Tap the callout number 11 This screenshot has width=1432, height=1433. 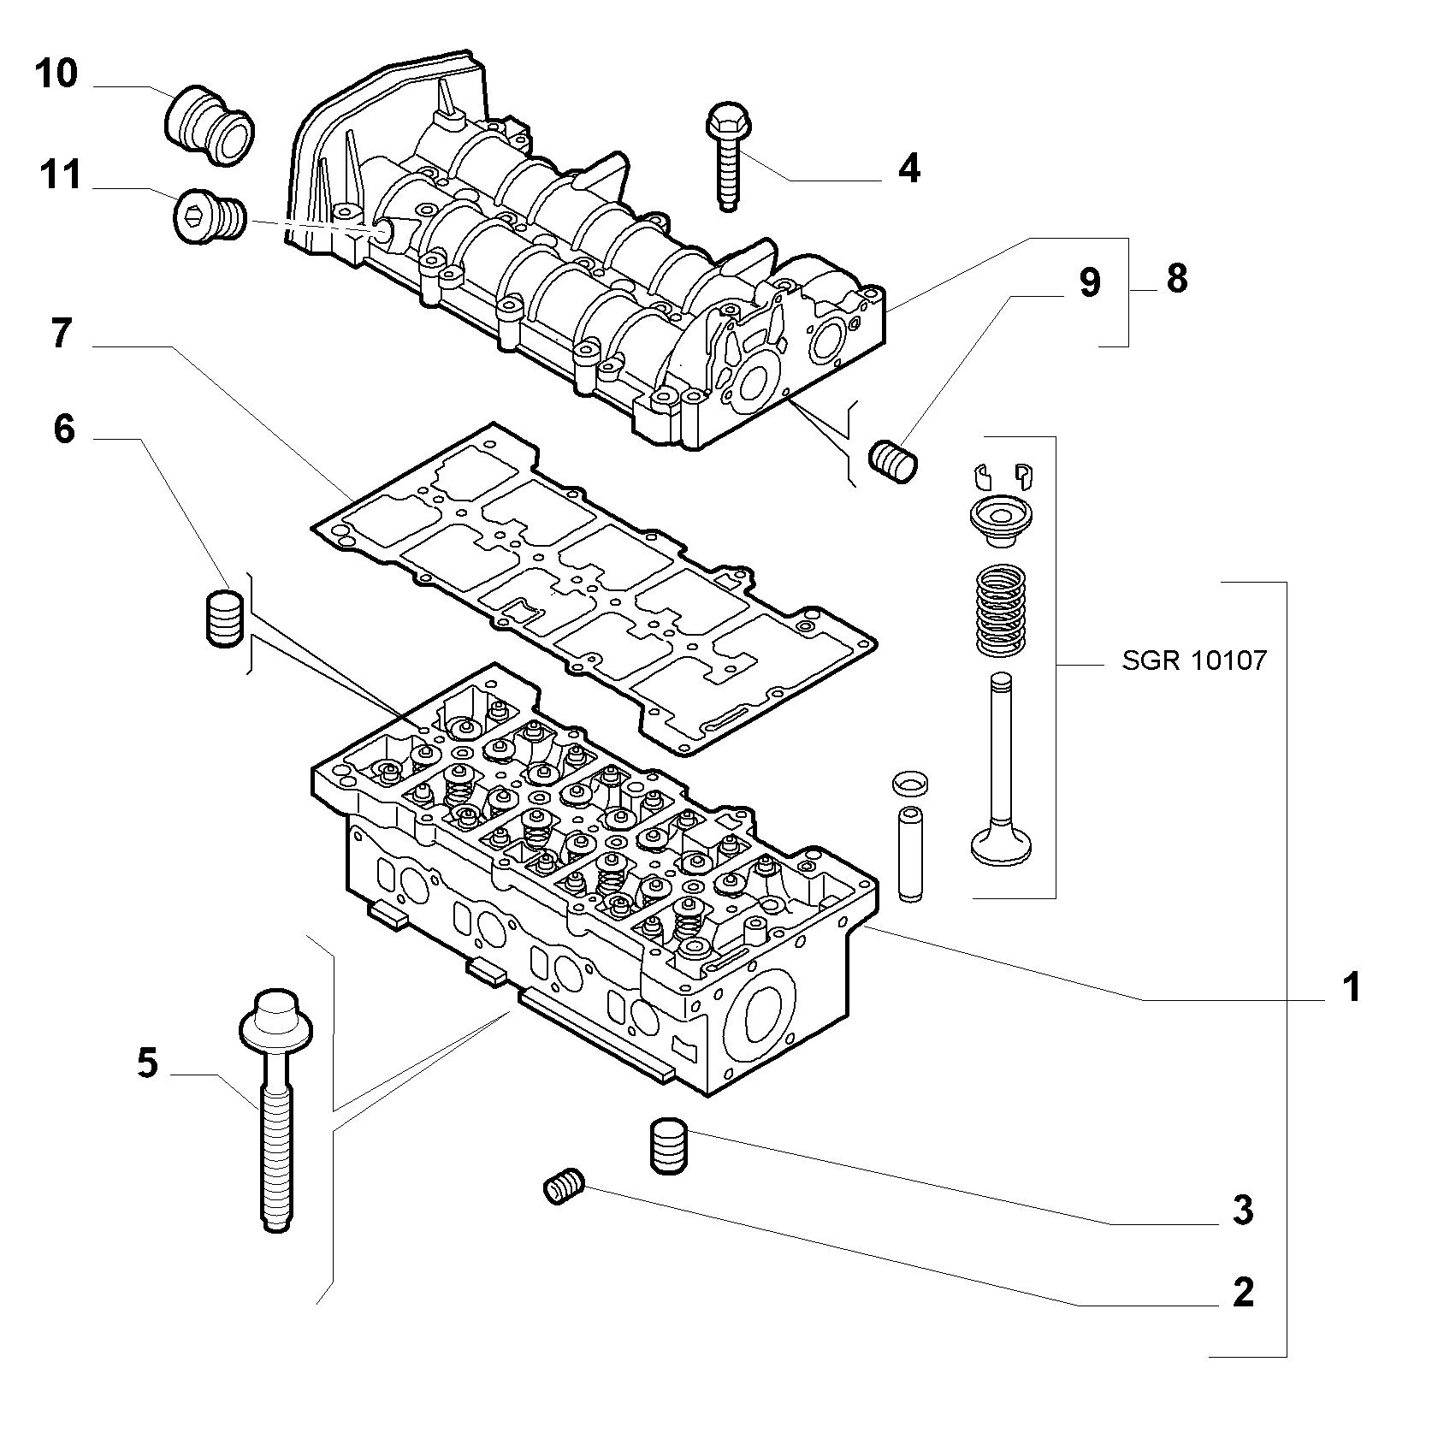coord(59,175)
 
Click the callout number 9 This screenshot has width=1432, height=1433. coord(1089,282)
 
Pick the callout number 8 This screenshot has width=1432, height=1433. coord(1177,279)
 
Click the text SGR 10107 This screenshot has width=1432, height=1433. coord(1194,660)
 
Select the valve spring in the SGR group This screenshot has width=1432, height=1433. coord(1000,611)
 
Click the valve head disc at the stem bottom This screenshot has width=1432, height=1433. coord(1001,844)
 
